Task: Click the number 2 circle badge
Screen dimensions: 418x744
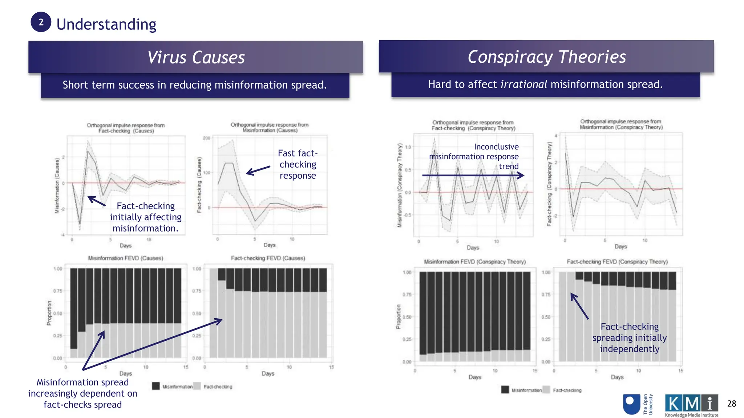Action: [41, 22]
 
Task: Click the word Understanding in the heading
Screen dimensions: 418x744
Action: [106, 24]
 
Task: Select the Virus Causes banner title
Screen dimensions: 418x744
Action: [196, 57]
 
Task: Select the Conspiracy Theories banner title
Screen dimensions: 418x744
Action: [546, 57]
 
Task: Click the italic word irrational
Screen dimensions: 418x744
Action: [523, 84]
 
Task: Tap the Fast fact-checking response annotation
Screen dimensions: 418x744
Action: [298, 164]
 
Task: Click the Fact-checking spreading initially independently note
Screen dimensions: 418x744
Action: [629, 337]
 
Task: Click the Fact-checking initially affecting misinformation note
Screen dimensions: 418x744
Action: [145, 217]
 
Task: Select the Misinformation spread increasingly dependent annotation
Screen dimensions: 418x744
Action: [83, 393]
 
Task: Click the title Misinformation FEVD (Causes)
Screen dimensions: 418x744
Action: [126, 258]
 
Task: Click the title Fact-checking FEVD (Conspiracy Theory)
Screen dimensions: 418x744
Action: [617, 262]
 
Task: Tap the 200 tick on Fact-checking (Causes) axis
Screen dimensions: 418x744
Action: [206, 138]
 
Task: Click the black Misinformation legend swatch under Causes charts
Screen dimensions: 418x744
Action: [156, 386]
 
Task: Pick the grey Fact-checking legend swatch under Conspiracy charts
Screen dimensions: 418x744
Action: [546, 390]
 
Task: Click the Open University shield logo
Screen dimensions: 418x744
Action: [631, 404]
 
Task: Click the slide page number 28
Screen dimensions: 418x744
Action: [731, 403]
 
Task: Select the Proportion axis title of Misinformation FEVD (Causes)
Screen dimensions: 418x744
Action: [49, 313]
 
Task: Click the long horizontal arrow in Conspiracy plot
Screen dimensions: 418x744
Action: [472, 176]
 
